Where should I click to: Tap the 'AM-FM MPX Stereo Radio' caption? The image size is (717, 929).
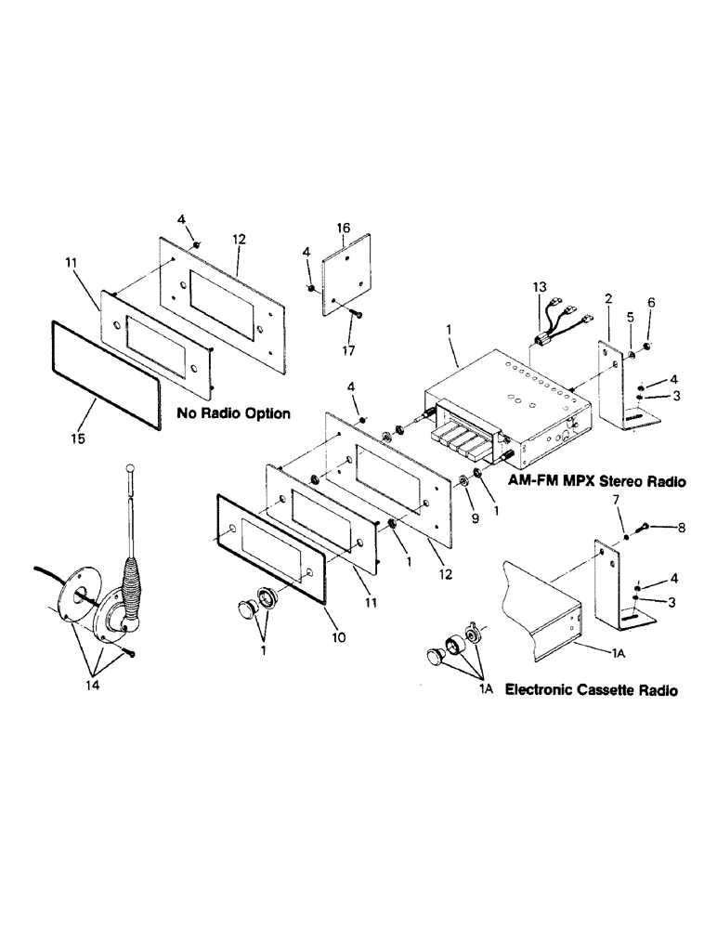(596, 482)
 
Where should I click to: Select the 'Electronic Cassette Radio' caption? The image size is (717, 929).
(590, 690)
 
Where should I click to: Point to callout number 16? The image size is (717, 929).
(344, 227)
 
